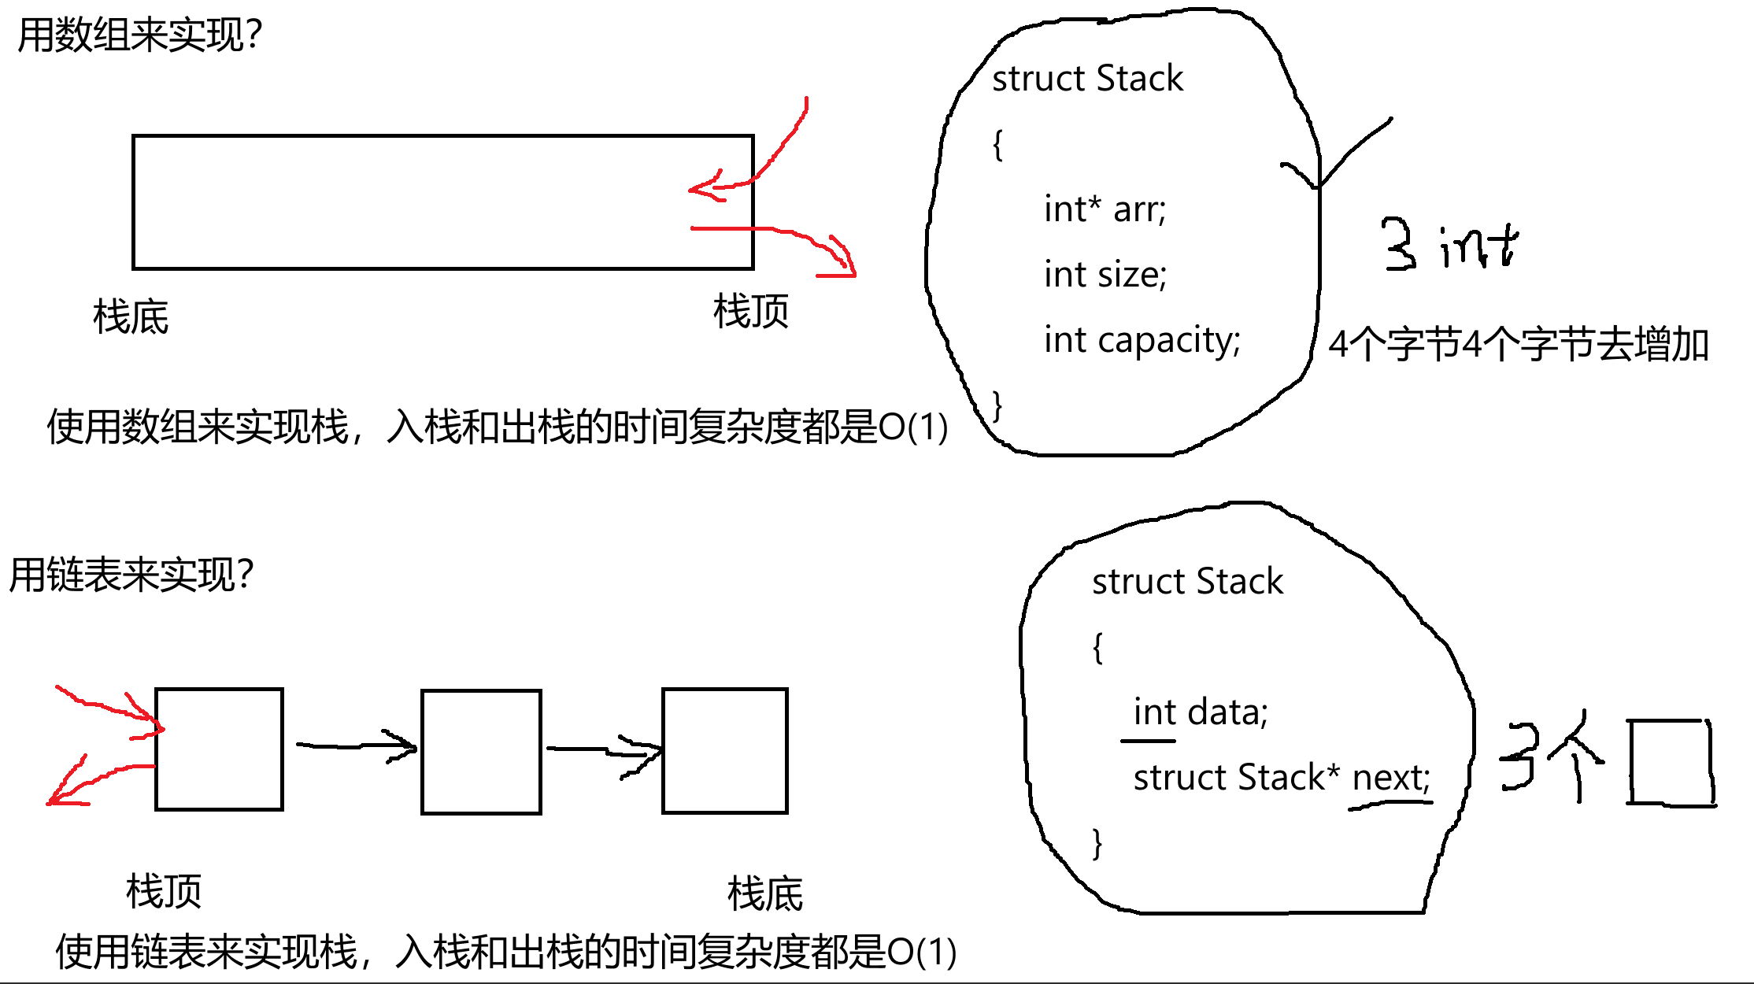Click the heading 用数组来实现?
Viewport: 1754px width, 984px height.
139,35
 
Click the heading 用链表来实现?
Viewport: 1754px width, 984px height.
131,575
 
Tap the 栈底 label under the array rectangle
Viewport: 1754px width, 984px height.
131,317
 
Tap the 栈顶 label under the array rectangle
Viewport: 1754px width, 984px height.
751,312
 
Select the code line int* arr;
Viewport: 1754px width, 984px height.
1105,209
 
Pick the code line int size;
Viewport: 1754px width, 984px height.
1105,275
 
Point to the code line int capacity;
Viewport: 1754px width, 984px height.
1142,340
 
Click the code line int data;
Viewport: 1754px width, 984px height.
1200,712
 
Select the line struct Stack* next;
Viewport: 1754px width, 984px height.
1281,778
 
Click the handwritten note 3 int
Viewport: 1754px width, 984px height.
1449,246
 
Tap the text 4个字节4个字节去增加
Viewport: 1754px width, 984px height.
1519,345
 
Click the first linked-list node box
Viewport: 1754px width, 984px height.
219,749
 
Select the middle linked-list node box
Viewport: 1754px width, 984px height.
481,752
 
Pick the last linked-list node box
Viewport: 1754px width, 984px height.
725,750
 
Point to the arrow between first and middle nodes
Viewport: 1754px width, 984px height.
356,745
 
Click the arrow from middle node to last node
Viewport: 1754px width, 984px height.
603,751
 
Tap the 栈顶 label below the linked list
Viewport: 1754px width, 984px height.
164,892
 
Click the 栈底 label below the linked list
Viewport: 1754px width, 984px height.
765,894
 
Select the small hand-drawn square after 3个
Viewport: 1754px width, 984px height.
1671,762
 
